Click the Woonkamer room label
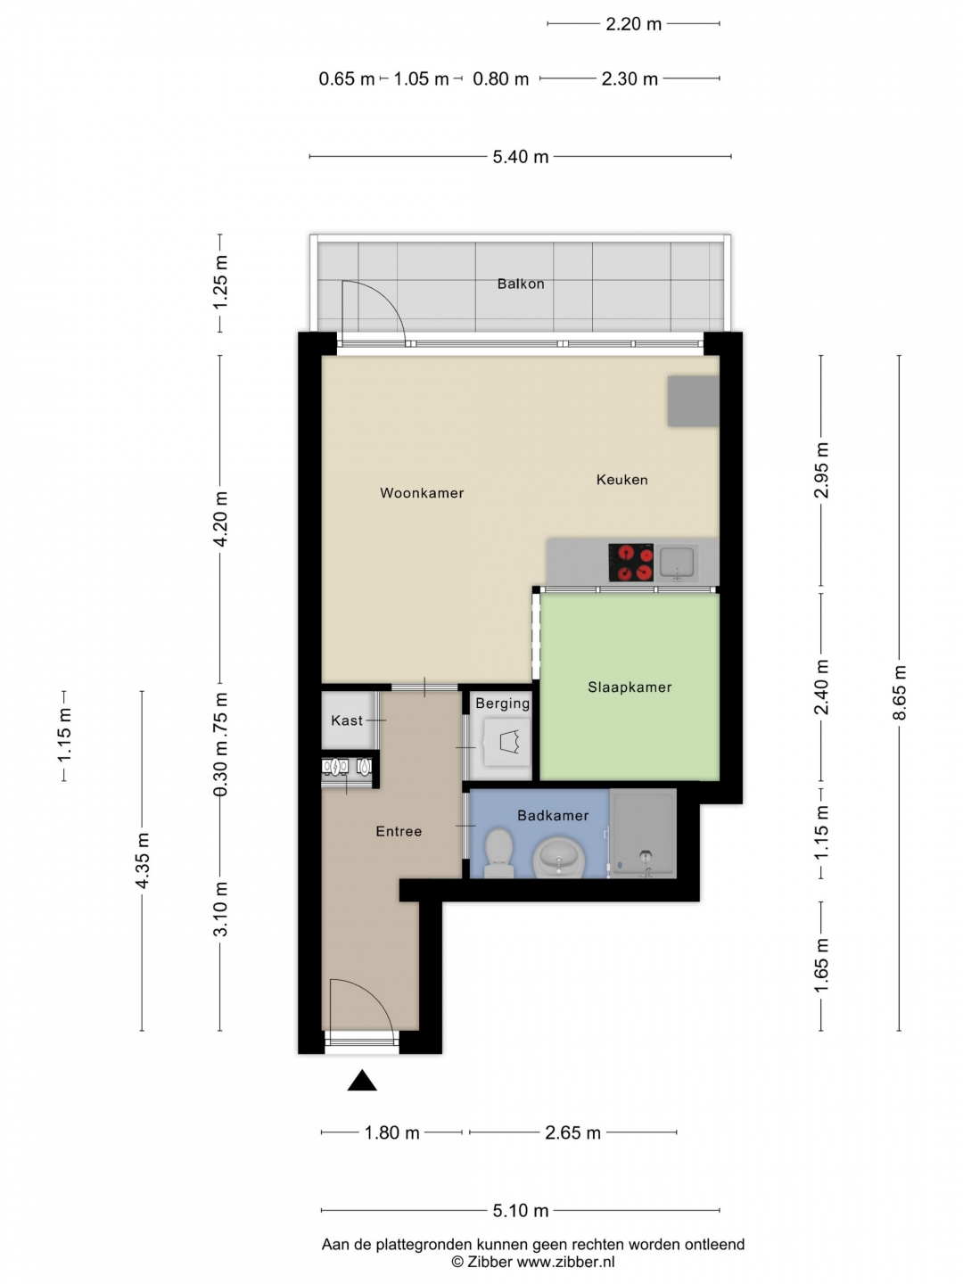422,493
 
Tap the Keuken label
622,480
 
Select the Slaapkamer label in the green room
630,687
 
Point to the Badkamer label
553,815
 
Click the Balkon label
521,284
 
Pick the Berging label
503,704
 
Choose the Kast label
348,720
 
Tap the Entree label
399,831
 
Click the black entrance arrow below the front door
362,1081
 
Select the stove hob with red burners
631,562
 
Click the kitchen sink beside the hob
677,562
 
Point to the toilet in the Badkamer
498,852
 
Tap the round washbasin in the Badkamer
559,857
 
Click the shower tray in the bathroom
643,833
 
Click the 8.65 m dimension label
900,693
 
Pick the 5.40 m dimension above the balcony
521,157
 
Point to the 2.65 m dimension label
573,1132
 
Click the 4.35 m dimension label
142,860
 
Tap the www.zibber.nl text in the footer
566,1262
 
